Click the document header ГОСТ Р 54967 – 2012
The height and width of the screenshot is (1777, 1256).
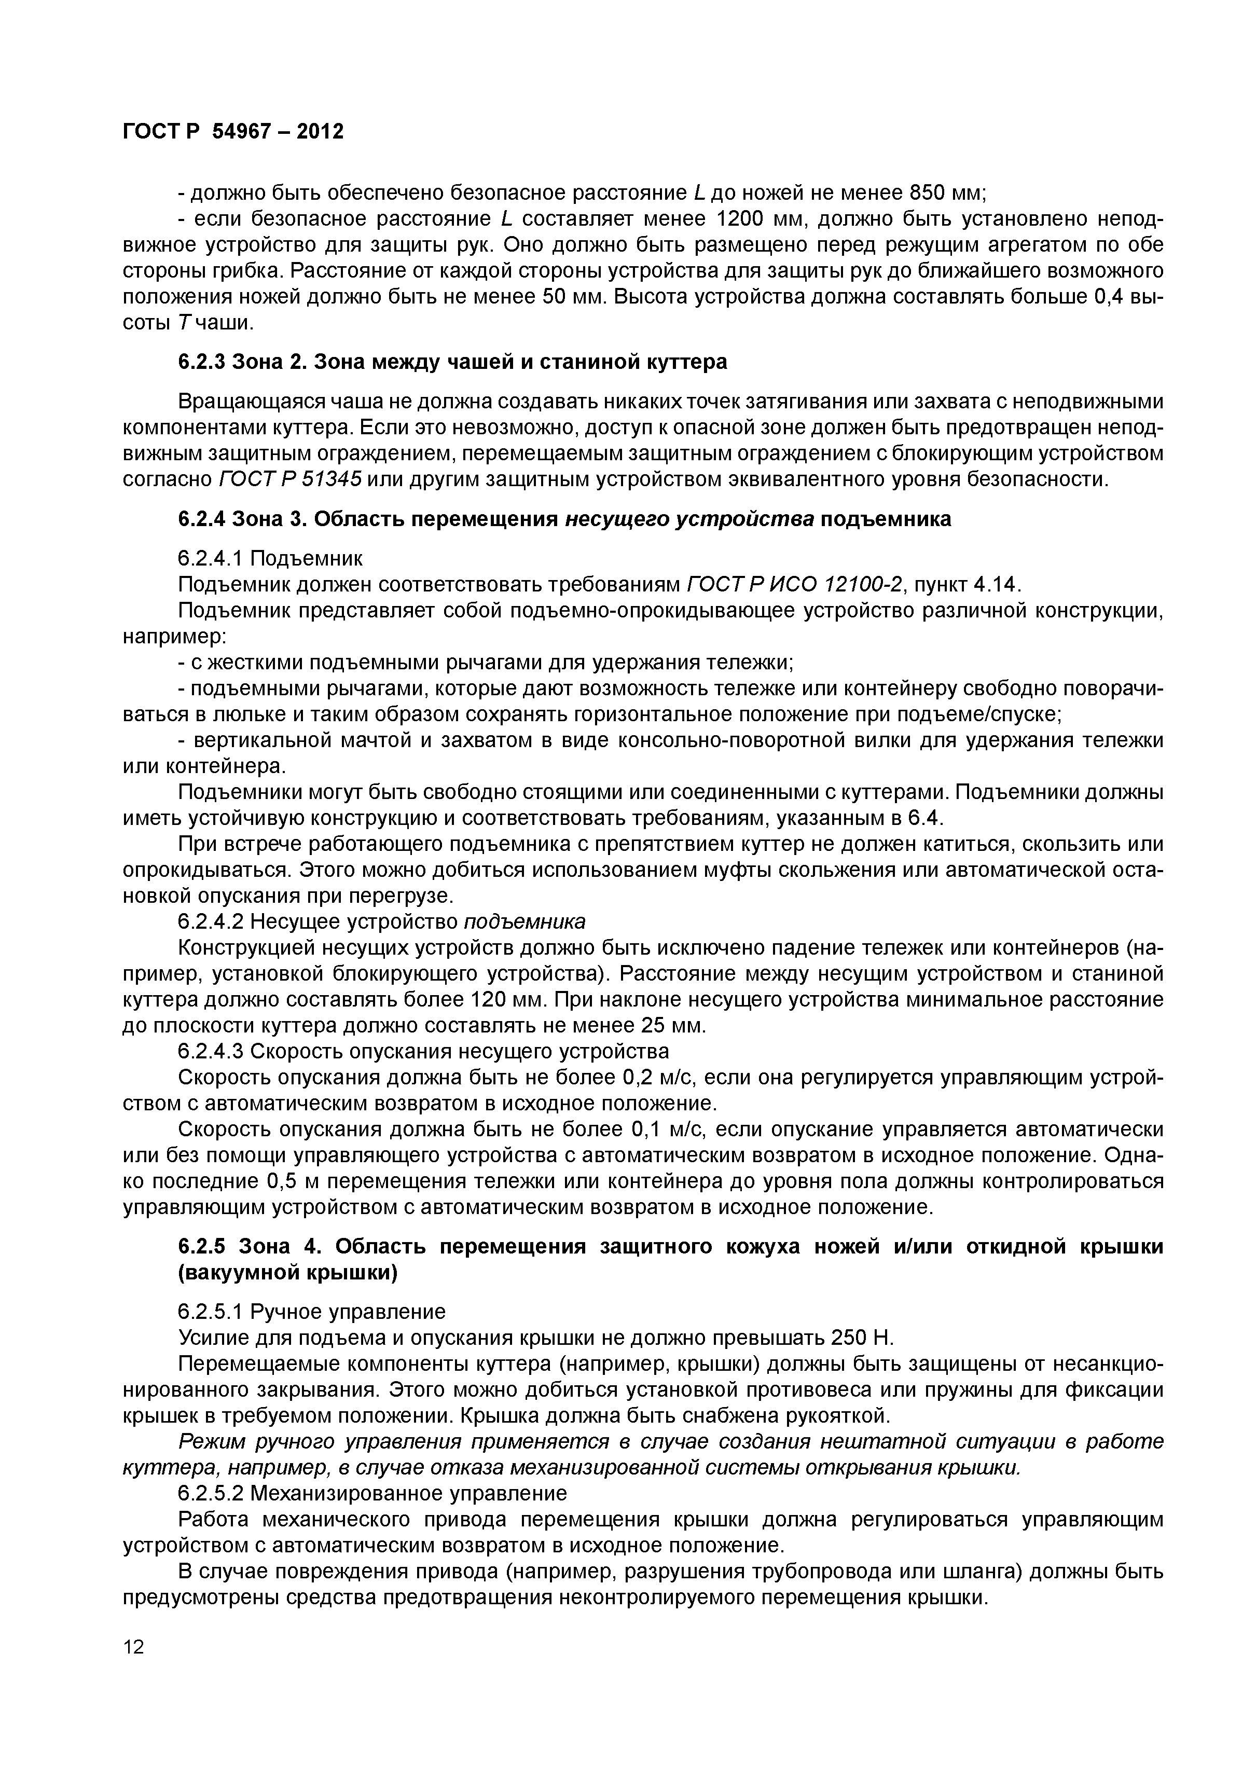pyautogui.click(x=233, y=132)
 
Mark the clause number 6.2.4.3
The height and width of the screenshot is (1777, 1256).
pyautogui.click(x=211, y=1052)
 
